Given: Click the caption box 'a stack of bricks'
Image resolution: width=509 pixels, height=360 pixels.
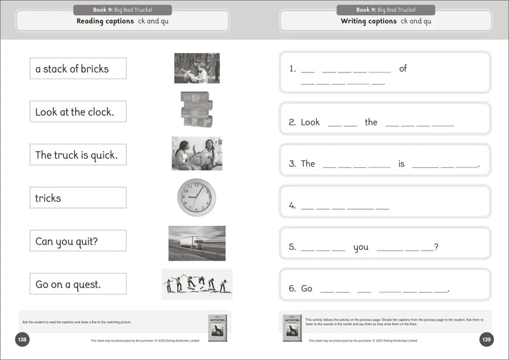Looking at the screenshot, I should click(78, 69).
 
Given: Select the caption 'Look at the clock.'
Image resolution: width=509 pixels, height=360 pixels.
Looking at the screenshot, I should click(78, 112).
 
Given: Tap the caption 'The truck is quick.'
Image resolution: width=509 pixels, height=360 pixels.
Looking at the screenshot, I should click(78, 155).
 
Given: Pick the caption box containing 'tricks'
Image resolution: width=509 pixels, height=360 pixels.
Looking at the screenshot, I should click(78, 198).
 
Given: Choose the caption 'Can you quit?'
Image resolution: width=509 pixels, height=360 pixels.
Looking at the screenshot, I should click(78, 241).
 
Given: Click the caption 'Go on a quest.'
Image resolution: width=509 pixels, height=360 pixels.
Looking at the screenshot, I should click(78, 284).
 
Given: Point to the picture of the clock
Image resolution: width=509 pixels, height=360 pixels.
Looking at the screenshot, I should click(197, 197).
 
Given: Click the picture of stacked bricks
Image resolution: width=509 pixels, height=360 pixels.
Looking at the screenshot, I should click(196, 109).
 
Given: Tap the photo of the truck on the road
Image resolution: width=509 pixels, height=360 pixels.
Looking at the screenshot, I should click(197, 243).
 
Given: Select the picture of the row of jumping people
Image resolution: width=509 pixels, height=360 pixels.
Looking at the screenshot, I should click(197, 284).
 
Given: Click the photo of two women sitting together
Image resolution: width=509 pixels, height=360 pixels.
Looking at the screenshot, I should click(197, 153).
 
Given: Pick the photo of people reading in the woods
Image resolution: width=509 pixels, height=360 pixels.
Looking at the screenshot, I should click(197, 68).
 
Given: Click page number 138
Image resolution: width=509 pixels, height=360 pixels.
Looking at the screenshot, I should click(22, 340).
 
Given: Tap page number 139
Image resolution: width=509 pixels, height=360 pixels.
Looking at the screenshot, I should click(487, 340).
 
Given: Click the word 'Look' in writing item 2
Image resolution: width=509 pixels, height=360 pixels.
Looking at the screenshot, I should click(310, 122).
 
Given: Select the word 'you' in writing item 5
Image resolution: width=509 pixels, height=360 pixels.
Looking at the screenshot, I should click(361, 247).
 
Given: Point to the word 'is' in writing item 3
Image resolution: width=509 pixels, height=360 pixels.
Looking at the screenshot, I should click(401, 163).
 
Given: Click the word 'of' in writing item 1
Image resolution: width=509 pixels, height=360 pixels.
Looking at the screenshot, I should click(403, 69).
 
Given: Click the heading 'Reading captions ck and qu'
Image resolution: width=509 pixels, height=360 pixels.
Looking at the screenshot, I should click(123, 21).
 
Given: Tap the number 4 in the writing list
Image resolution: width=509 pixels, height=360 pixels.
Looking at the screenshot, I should click(292, 205).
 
